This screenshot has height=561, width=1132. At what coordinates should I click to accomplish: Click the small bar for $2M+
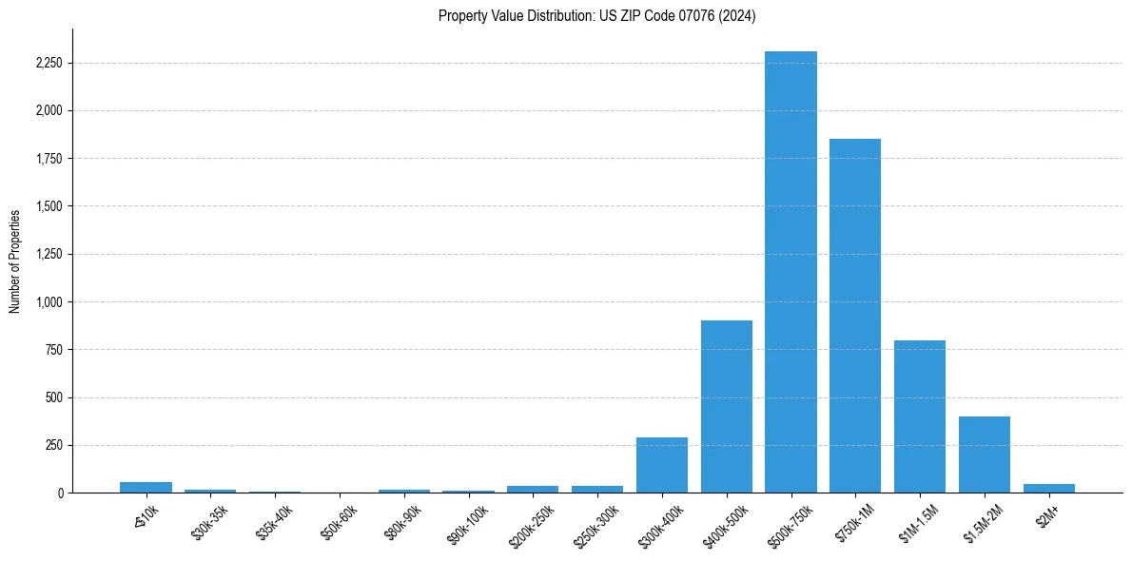1048,488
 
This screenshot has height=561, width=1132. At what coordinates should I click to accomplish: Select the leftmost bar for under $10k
146,487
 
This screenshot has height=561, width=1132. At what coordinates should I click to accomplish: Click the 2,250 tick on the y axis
48,64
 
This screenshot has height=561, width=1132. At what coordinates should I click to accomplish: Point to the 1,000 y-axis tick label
48,302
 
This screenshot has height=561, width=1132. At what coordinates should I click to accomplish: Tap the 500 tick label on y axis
53,397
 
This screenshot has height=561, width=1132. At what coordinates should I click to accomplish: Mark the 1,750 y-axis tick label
48,159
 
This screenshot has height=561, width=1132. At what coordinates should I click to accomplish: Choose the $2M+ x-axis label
1048,514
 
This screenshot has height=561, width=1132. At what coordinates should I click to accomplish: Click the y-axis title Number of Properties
15,261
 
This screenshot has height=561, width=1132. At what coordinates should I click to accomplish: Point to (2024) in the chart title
737,16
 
